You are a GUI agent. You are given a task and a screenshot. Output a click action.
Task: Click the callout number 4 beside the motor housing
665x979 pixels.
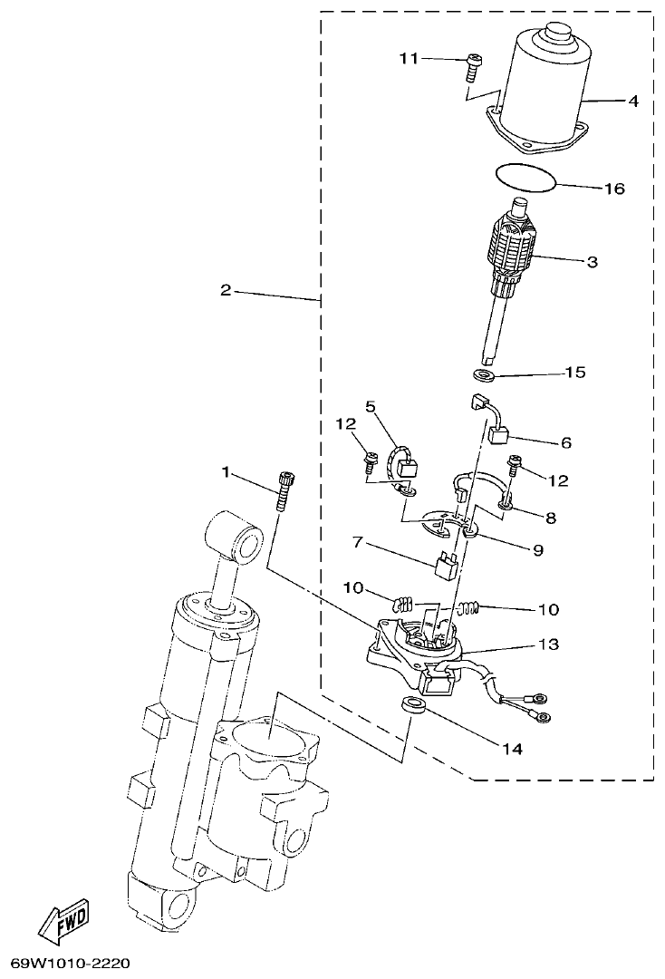click(x=633, y=102)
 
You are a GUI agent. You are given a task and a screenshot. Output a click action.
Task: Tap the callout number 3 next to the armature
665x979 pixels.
click(x=592, y=262)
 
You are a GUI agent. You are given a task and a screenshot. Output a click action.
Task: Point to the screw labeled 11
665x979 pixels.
click(x=473, y=63)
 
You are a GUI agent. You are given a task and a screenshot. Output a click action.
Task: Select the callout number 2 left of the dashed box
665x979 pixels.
click(x=226, y=291)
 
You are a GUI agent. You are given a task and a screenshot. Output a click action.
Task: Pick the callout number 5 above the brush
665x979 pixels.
click(x=371, y=406)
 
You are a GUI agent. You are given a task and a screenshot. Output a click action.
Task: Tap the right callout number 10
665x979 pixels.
click(x=550, y=609)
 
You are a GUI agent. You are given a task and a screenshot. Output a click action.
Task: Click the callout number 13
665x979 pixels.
click(x=573, y=645)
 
